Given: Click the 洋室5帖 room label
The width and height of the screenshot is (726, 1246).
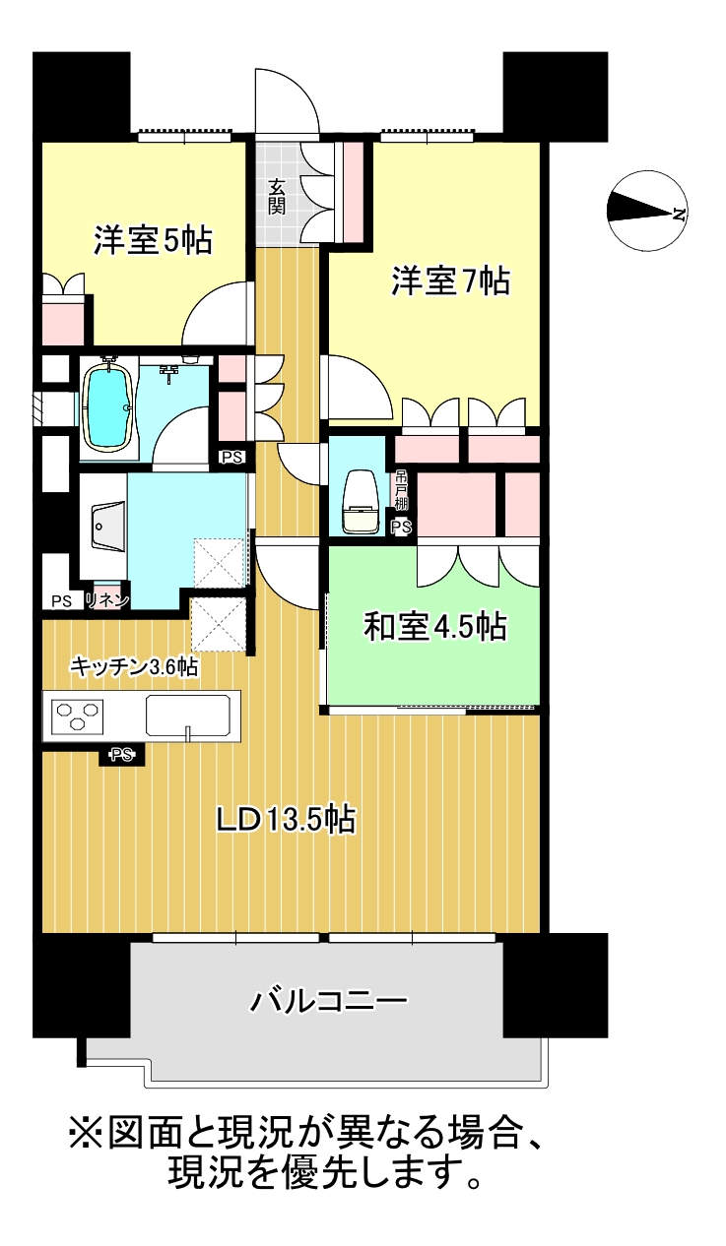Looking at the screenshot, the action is (x=153, y=240).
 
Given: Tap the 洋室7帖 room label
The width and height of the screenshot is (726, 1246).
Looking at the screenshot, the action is (x=450, y=280).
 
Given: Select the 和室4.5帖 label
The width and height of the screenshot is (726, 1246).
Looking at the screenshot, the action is (x=435, y=626).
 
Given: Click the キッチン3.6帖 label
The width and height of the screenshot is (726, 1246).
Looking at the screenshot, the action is (x=134, y=666).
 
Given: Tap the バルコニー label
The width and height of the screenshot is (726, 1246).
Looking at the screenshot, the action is (x=328, y=1002).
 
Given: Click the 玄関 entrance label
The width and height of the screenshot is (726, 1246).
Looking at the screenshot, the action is (x=277, y=197).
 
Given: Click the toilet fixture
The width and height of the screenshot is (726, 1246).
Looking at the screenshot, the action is (x=361, y=502).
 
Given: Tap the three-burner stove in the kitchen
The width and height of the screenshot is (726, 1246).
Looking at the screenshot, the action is (x=78, y=716).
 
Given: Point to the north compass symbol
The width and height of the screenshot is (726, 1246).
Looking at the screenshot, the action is (x=647, y=211).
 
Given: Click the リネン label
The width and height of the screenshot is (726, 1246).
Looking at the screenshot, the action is (x=107, y=600).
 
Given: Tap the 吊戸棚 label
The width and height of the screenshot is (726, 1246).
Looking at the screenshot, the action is (x=401, y=490).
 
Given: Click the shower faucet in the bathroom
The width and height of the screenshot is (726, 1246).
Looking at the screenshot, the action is (x=167, y=373).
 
